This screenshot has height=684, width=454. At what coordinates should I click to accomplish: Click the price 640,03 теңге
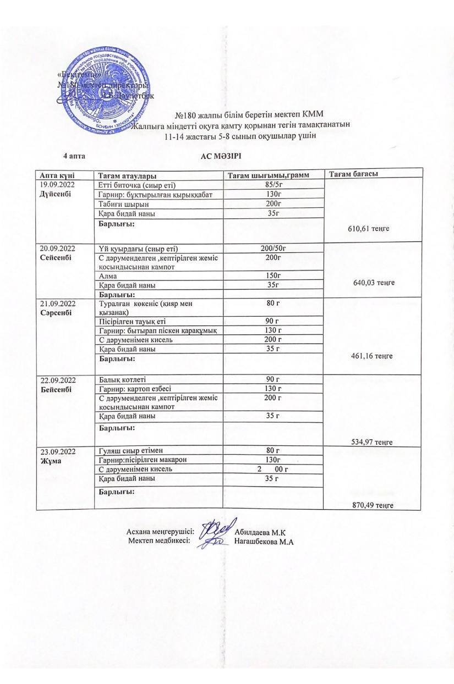(374, 282)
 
